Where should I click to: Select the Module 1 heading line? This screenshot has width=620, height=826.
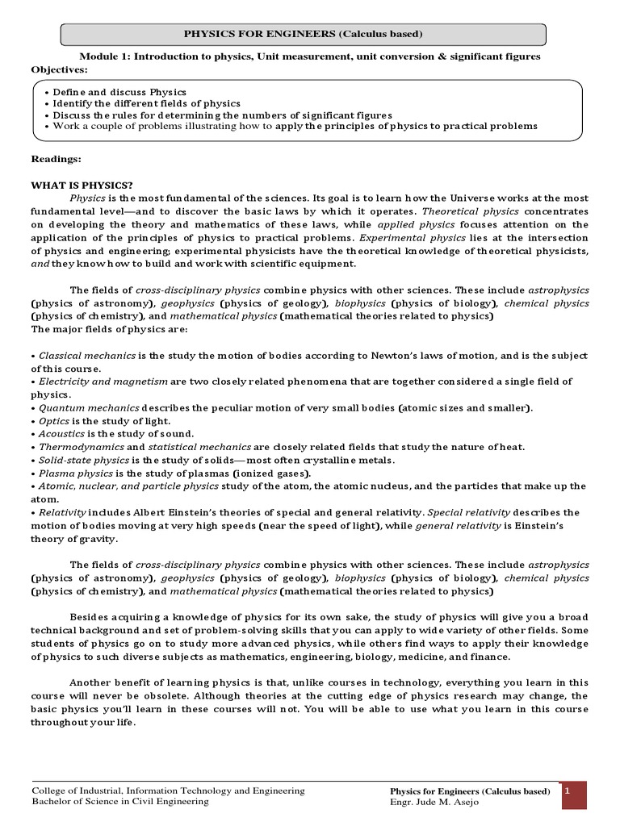309,56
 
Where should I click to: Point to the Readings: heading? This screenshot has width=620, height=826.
56,159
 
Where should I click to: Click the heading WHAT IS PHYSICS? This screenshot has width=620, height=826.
82,185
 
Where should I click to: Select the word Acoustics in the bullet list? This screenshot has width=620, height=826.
61,434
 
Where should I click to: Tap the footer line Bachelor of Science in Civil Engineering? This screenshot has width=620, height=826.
119,802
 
